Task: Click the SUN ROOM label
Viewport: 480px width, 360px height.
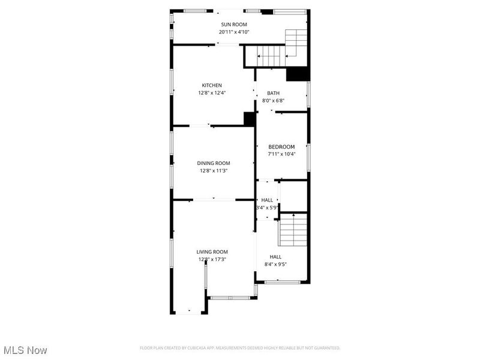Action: pyautogui.click(x=233, y=25)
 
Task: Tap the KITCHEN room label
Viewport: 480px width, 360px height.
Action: pyautogui.click(x=211, y=85)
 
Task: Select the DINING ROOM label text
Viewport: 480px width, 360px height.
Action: pyautogui.click(x=214, y=163)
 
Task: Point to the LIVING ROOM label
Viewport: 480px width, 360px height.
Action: pyautogui.click(x=212, y=252)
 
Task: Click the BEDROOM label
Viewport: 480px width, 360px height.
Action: pyautogui.click(x=281, y=147)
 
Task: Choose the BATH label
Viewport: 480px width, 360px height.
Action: pyautogui.click(x=273, y=93)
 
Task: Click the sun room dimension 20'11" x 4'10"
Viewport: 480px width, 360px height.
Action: pyautogui.click(x=233, y=32)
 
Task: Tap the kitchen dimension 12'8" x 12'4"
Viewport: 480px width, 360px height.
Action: pyautogui.click(x=211, y=93)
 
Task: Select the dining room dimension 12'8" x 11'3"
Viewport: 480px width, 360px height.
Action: pyautogui.click(x=214, y=170)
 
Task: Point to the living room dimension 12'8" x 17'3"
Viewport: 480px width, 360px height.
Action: pyautogui.click(x=212, y=259)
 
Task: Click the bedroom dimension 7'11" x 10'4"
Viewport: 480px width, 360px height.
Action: pyautogui.click(x=281, y=154)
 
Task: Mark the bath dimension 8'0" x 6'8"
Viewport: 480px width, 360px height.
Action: pyautogui.click(x=273, y=100)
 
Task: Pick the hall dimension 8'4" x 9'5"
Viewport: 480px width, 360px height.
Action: pyautogui.click(x=275, y=264)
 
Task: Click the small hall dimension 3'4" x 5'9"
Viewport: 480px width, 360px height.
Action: pyautogui.click(x=267, y=208)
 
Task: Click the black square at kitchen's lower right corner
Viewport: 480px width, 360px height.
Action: pyautogui.click(x=249, y=119)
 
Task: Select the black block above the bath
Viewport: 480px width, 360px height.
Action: pyautogui.click(x=297, y=74)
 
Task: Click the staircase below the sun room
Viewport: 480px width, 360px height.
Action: pyautogui.click(x=270, y=56)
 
